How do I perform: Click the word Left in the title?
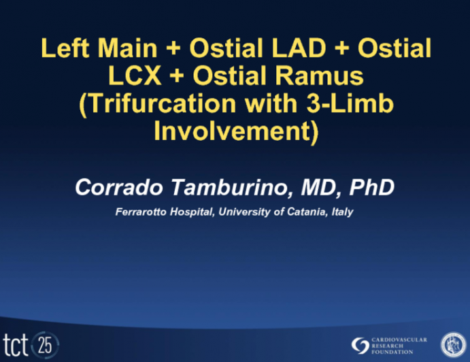(64, 49)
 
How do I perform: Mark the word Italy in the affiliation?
(342, 212)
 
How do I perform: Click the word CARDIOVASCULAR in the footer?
(400, 338)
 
